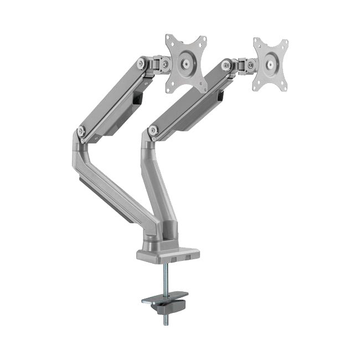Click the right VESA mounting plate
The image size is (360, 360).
[x=270, y=64]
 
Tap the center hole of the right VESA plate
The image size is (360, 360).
[x=270, y=64]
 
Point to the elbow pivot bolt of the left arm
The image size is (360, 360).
[x=81, y=131]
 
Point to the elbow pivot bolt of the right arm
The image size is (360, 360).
[x=153, y=131]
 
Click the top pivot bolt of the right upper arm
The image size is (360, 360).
[x=226, y=65]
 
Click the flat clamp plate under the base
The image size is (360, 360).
[x=164, y=299]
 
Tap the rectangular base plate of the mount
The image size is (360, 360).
[x=167, y=254]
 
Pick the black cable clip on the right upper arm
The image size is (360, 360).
[x=220, y=95]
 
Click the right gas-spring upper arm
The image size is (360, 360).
[x=188, y=100]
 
